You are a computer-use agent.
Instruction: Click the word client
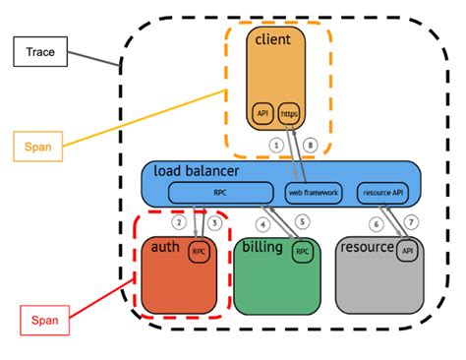coord(272,39)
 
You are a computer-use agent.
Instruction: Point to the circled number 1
coord(276,146)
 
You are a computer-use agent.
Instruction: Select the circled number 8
coord(313,146)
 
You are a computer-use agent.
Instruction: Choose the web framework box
coord(314,192)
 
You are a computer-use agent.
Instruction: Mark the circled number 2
coord(179,223)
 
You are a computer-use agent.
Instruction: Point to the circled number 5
coord(302,222)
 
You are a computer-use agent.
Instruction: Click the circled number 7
coord(411,223)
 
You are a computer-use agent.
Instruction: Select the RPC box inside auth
coord(200,251)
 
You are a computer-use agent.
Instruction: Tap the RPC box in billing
coord(304,252)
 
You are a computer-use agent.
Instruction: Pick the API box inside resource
coord(406,252)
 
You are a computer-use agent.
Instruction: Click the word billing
coord(262,246)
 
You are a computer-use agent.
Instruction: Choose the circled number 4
coord(262,222)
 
